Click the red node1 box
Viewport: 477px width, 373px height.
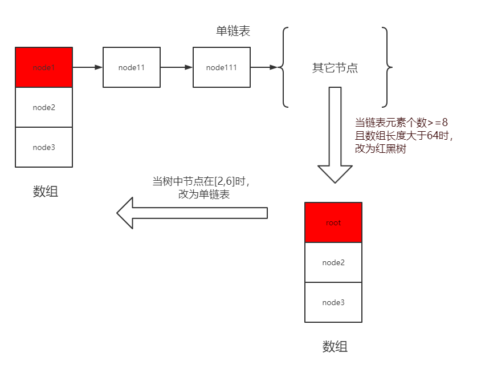44,67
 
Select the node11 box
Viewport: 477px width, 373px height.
132,67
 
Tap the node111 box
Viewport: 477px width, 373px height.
222,67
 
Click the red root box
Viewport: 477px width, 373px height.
333,222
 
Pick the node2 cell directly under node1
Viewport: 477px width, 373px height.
44,107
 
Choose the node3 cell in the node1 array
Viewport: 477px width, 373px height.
44,147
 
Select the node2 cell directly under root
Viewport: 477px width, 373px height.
333,262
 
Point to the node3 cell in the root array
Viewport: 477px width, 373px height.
333,302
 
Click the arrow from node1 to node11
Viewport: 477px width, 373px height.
88,67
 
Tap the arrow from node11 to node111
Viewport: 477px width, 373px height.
177,67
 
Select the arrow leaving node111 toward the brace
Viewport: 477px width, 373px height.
264,67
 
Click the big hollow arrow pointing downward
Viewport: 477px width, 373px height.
335,137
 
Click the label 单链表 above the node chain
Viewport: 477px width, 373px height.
233,31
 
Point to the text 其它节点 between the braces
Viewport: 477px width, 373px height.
335,68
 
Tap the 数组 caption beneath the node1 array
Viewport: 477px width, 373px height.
46,192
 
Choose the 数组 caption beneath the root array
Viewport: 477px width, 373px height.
335,346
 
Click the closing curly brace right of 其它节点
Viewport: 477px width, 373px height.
387,67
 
